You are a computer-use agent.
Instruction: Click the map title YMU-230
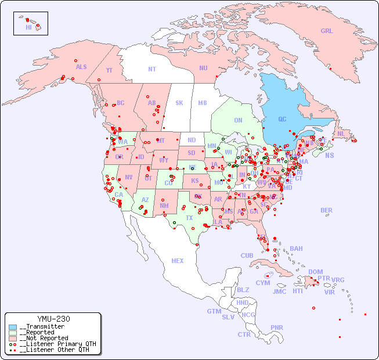[53, 319]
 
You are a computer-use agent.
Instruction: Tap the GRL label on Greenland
[327, 31]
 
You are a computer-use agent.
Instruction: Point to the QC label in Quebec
[282, 119]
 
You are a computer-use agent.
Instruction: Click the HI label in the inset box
[28, 27]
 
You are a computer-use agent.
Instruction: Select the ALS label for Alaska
[81, 67]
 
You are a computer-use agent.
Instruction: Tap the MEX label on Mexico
[178, 261]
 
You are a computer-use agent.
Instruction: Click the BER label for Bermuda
[326, 210]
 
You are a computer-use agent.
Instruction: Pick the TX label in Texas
[189, 218]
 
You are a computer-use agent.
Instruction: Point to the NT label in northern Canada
[152, 69]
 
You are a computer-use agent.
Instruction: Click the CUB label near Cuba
[247, 255]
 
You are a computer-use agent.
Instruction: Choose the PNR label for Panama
[277, 327]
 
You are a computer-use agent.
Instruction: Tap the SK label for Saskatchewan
[179, 103]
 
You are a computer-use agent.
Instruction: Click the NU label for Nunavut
[203, 68]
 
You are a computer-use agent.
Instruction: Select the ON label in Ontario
[238, 120]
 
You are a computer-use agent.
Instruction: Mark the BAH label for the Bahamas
[296, 249]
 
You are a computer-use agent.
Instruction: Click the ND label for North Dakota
[192, 140]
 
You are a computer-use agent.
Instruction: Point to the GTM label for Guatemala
[214, 311]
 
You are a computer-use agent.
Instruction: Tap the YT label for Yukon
[109, 70]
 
